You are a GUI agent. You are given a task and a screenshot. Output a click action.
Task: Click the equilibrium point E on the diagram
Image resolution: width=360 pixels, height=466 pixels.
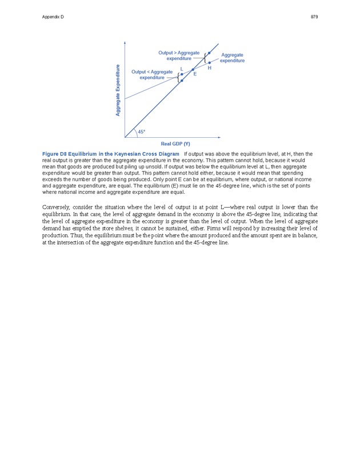193,70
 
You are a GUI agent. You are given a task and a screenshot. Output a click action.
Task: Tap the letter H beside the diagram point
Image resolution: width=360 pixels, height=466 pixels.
210,68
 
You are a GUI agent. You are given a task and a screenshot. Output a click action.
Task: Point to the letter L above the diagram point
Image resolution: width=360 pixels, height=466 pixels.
182,69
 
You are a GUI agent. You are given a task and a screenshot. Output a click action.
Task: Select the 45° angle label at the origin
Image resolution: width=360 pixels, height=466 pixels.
142,132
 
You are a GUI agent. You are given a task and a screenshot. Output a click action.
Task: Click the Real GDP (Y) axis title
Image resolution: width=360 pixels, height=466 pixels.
175,144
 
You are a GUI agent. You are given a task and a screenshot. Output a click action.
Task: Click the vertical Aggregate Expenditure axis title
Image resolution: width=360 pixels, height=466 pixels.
118,90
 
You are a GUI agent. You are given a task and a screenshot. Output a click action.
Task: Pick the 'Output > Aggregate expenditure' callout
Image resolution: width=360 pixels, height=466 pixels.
179,55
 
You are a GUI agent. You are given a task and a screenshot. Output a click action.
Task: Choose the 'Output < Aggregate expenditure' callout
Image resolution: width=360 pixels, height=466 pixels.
152,74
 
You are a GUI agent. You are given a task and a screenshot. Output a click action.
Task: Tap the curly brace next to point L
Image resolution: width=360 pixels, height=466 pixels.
178,77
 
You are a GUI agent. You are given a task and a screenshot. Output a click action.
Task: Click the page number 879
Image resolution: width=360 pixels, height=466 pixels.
314,17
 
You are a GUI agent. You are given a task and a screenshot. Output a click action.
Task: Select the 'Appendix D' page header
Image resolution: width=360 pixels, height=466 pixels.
53,17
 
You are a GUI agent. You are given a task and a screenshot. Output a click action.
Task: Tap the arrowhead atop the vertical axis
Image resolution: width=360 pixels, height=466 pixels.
125,43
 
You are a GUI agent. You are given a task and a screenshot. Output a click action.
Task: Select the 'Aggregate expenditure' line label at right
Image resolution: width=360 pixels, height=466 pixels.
232,58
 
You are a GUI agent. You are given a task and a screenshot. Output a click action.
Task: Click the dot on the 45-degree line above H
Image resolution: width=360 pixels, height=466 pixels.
209,53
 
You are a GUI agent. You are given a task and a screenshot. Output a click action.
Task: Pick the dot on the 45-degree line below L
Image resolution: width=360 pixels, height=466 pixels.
182,81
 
